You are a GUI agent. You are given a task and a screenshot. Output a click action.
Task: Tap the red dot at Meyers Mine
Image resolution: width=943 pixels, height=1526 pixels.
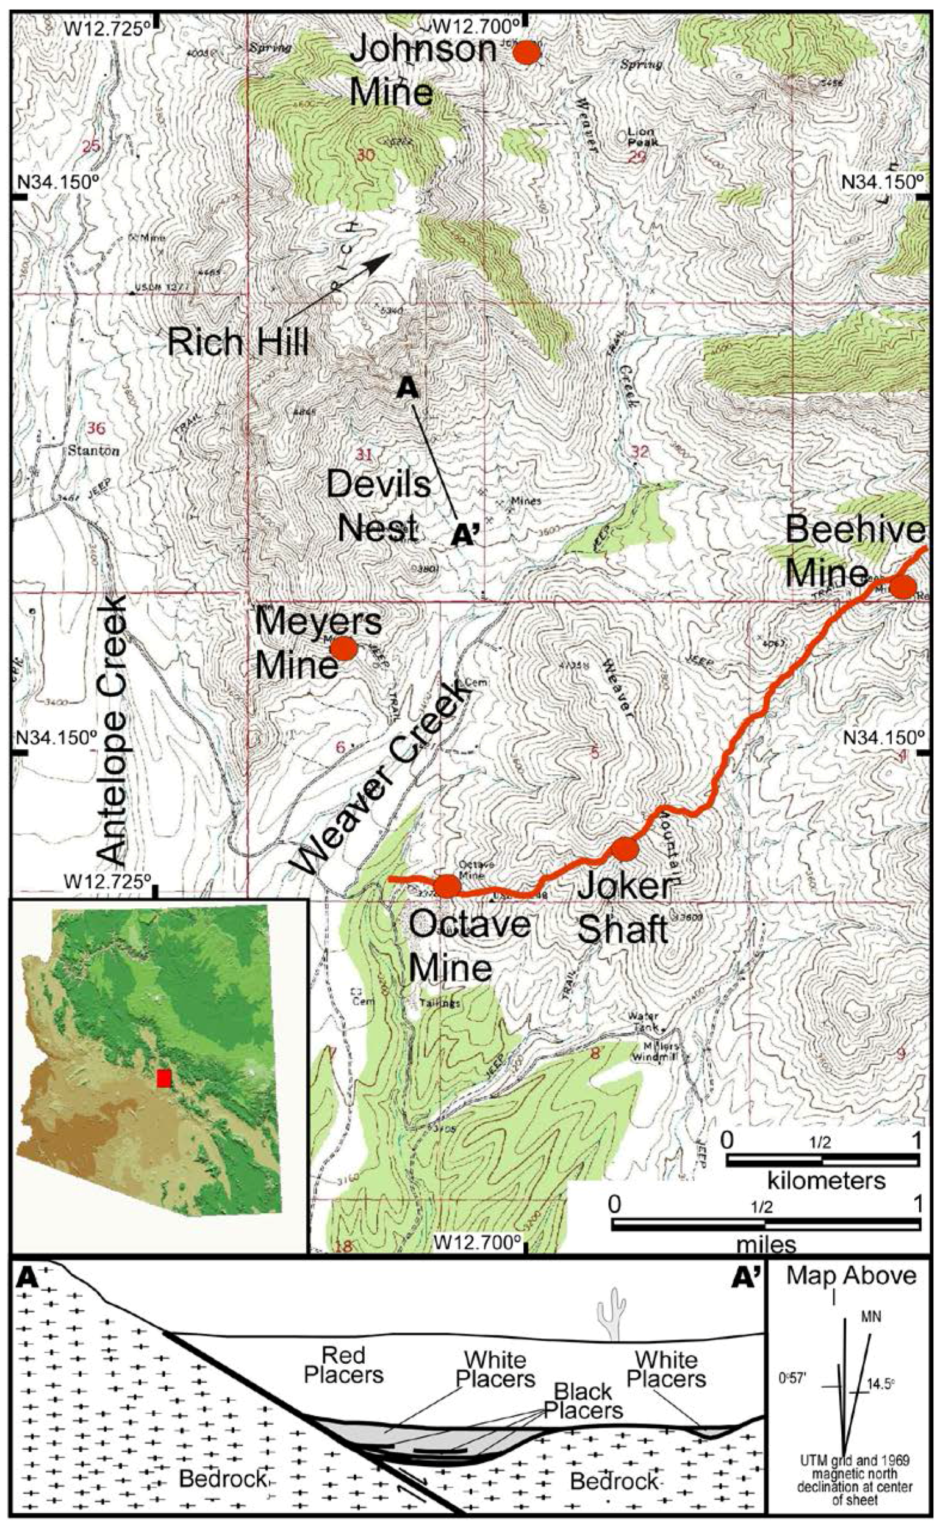tap(343, 648)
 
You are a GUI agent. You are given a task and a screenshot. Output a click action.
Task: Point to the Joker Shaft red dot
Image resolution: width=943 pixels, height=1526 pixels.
tap(625, 849)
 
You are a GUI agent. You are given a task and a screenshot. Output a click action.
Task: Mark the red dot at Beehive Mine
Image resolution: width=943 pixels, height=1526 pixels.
tap(903, 587)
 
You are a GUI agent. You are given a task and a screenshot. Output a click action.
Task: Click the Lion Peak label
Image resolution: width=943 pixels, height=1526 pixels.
tap(642, 137)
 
